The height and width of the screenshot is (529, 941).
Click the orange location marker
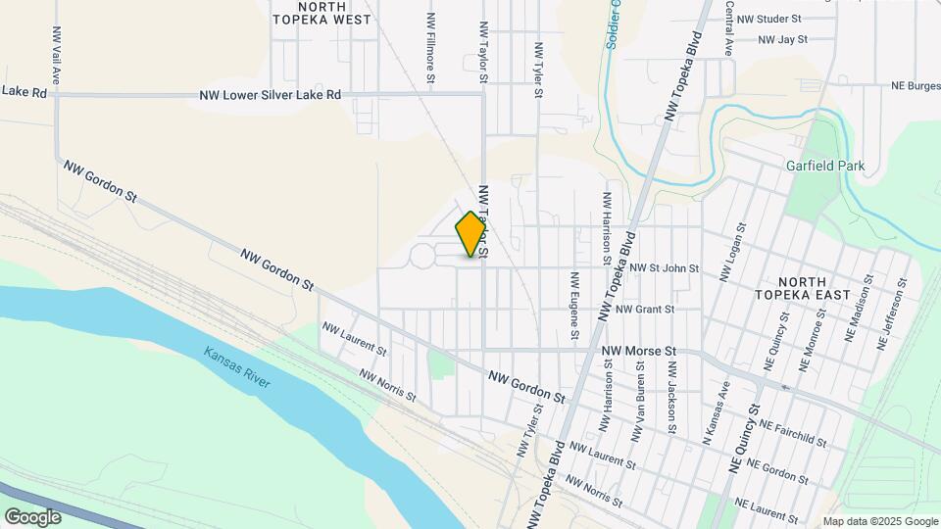471,234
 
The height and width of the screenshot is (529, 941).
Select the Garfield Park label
825,166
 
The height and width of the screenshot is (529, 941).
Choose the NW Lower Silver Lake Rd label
271,95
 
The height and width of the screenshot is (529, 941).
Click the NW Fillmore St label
430,46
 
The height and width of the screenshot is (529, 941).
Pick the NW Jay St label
782,40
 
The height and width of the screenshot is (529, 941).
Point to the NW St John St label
664,268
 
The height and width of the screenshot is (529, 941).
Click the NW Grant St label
645,310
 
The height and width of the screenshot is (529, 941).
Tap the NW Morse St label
639,351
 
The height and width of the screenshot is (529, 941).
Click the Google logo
32,516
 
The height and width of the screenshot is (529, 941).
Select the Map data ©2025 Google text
879,521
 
